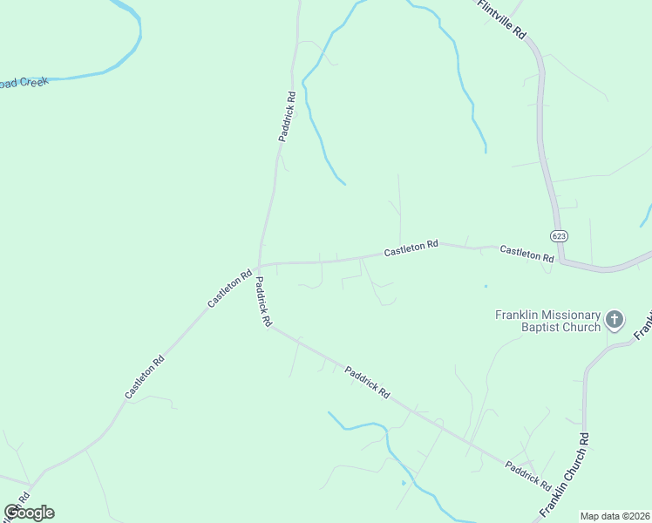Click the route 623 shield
coord(559,236)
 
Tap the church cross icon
coord(615,320)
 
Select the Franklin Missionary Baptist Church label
coord(547,321)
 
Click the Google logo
coord(29,513)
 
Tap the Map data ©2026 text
coord(615,516)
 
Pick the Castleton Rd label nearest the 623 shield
coord(526,254)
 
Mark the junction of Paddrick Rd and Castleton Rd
coord(259,266)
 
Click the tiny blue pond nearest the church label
coord(486,285)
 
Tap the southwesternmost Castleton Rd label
coord(145,377)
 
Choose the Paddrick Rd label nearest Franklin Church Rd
coord(526,475)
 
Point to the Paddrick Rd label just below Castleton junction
coord(262,302)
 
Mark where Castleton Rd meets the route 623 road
coord(562,260)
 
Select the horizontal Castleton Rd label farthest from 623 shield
coord(411,249)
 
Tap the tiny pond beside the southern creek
coord(403,482)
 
